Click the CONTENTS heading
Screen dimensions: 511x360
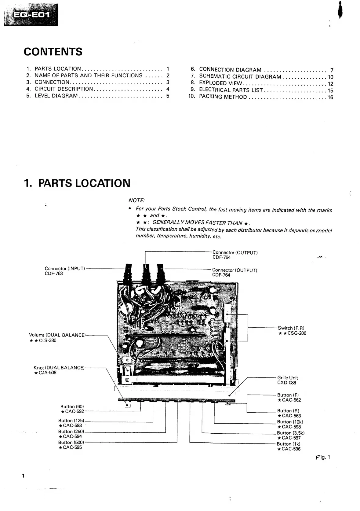[x=53, y=52]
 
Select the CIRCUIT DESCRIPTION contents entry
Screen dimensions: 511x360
[x=64, y=89]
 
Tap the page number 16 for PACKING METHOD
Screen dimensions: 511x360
[x=330, y=97]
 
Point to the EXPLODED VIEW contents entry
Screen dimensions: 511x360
[x=221, y=83]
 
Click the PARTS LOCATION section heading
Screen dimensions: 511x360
[x=77, y=183]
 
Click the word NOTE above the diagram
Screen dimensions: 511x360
[x=136, y=200]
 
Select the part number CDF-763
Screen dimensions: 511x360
[x=54, y=274]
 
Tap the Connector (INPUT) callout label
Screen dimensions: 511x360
[x=65, y=268]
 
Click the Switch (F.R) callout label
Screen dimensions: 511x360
[x=291, y=328]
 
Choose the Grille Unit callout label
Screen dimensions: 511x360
[x=287, y=378]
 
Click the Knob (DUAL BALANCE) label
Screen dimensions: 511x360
[x=59, y=368]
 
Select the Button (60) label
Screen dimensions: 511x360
[x=72, y=406]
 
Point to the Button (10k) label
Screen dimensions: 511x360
[x=290, y=422]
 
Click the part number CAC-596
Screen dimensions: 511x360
[x=289, y=449]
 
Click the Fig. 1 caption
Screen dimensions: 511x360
[x=323, y=457]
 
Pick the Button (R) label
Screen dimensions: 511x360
[x=288, y=411]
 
